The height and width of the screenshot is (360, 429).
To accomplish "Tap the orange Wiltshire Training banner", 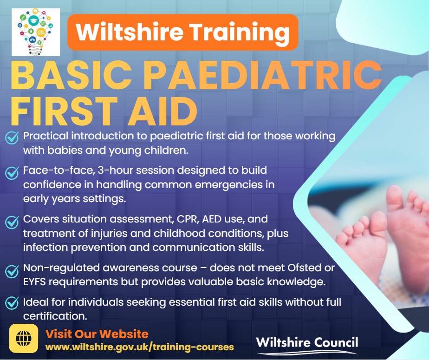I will coord(182,32).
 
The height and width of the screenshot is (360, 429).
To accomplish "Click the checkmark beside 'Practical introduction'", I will coord(11,137).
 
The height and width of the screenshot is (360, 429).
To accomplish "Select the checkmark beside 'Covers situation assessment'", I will coord(11,221).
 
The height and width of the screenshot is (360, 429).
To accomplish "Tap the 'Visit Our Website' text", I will coord(97,334).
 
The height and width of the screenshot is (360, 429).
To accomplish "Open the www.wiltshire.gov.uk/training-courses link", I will coord(139,347).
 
